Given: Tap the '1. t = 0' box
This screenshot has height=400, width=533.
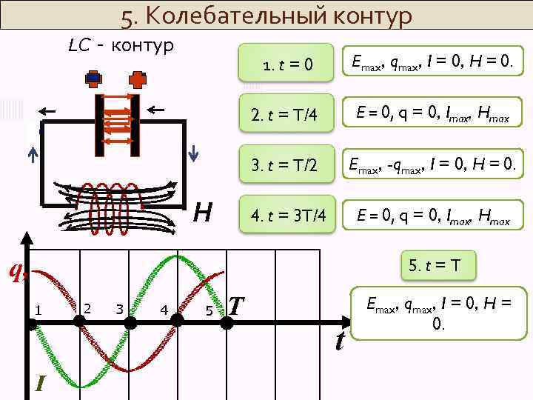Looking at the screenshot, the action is [287, 66].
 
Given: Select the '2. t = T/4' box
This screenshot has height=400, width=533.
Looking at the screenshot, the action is [287, 115].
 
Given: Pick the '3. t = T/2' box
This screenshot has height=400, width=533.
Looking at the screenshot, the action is [287, 164].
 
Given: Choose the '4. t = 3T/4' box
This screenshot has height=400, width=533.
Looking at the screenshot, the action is [287, 215].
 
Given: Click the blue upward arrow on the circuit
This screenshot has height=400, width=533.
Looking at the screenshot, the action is [33, 154].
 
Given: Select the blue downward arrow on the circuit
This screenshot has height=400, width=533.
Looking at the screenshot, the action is [193, 153].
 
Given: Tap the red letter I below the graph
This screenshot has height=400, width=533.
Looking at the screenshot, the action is [41, 382].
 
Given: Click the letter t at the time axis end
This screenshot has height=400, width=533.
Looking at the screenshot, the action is [340, 341].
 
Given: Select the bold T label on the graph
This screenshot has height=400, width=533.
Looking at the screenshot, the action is [236, 305].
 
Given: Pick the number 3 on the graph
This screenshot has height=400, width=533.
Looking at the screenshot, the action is [119, 308].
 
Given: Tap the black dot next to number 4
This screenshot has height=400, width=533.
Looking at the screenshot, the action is [177, 320].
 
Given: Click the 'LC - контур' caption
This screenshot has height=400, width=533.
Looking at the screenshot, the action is [121, 46].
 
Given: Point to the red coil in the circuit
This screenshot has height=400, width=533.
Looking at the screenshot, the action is [115, 204].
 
